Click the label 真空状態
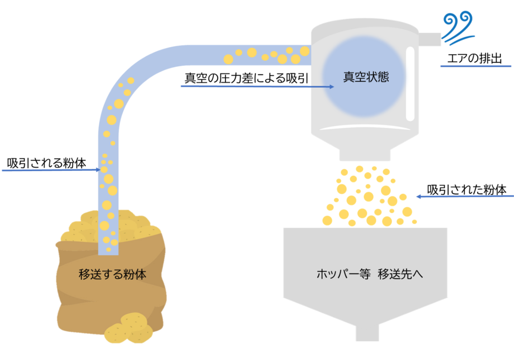[366, 77]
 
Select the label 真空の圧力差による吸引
[246, 78]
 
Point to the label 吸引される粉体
[47, 163]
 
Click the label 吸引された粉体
[466, 189]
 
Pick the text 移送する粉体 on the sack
[112, 274]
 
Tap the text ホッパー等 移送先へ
[369, 274]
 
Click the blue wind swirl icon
[458, 28]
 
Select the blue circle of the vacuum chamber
[364, 76]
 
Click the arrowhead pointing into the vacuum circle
[332, 87]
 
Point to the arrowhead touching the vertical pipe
[98, 170]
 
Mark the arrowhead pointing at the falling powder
[419, 197]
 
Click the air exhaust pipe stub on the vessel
[430, 39]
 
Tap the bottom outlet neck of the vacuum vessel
[365, 155]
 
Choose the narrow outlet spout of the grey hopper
[367, 333]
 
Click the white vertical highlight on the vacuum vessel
[410, 84]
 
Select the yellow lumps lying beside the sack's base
[128, 328]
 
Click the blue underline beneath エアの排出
[476, 66]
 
